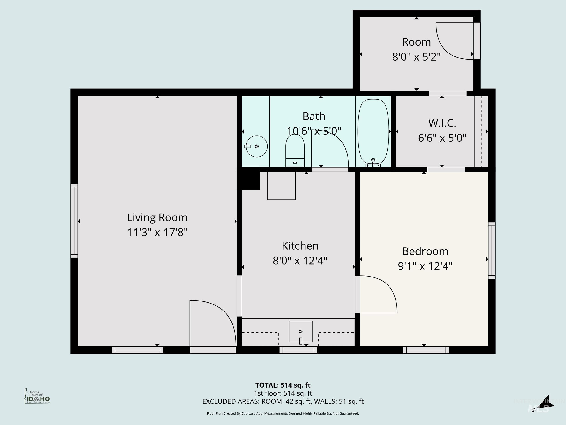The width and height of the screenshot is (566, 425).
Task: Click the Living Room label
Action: (x=157, y=218)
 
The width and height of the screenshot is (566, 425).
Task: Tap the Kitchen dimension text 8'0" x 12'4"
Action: (x=300, y=261)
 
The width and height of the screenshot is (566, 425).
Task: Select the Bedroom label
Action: (x=425, y=251)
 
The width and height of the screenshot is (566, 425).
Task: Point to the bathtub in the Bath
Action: (x=373, y=131)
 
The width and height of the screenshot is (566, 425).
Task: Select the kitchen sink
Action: (x=301, y=331)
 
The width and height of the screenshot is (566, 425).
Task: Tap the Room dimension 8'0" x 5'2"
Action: (x=416, y=57)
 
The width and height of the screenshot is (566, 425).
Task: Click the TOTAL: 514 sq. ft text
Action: (x=283, y=385)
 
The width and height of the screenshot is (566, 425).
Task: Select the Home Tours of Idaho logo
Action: (x=37, y=396)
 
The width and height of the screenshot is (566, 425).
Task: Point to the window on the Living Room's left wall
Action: (x=74, y=221)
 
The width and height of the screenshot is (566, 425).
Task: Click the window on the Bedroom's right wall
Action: (x=492, y=250)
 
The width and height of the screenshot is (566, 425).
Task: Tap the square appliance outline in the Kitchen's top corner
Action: (x=281, y=186)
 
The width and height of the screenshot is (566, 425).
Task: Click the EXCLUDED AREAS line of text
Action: (x=283, y=401)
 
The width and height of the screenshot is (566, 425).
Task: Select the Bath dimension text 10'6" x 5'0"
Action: (x=314, y=131)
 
